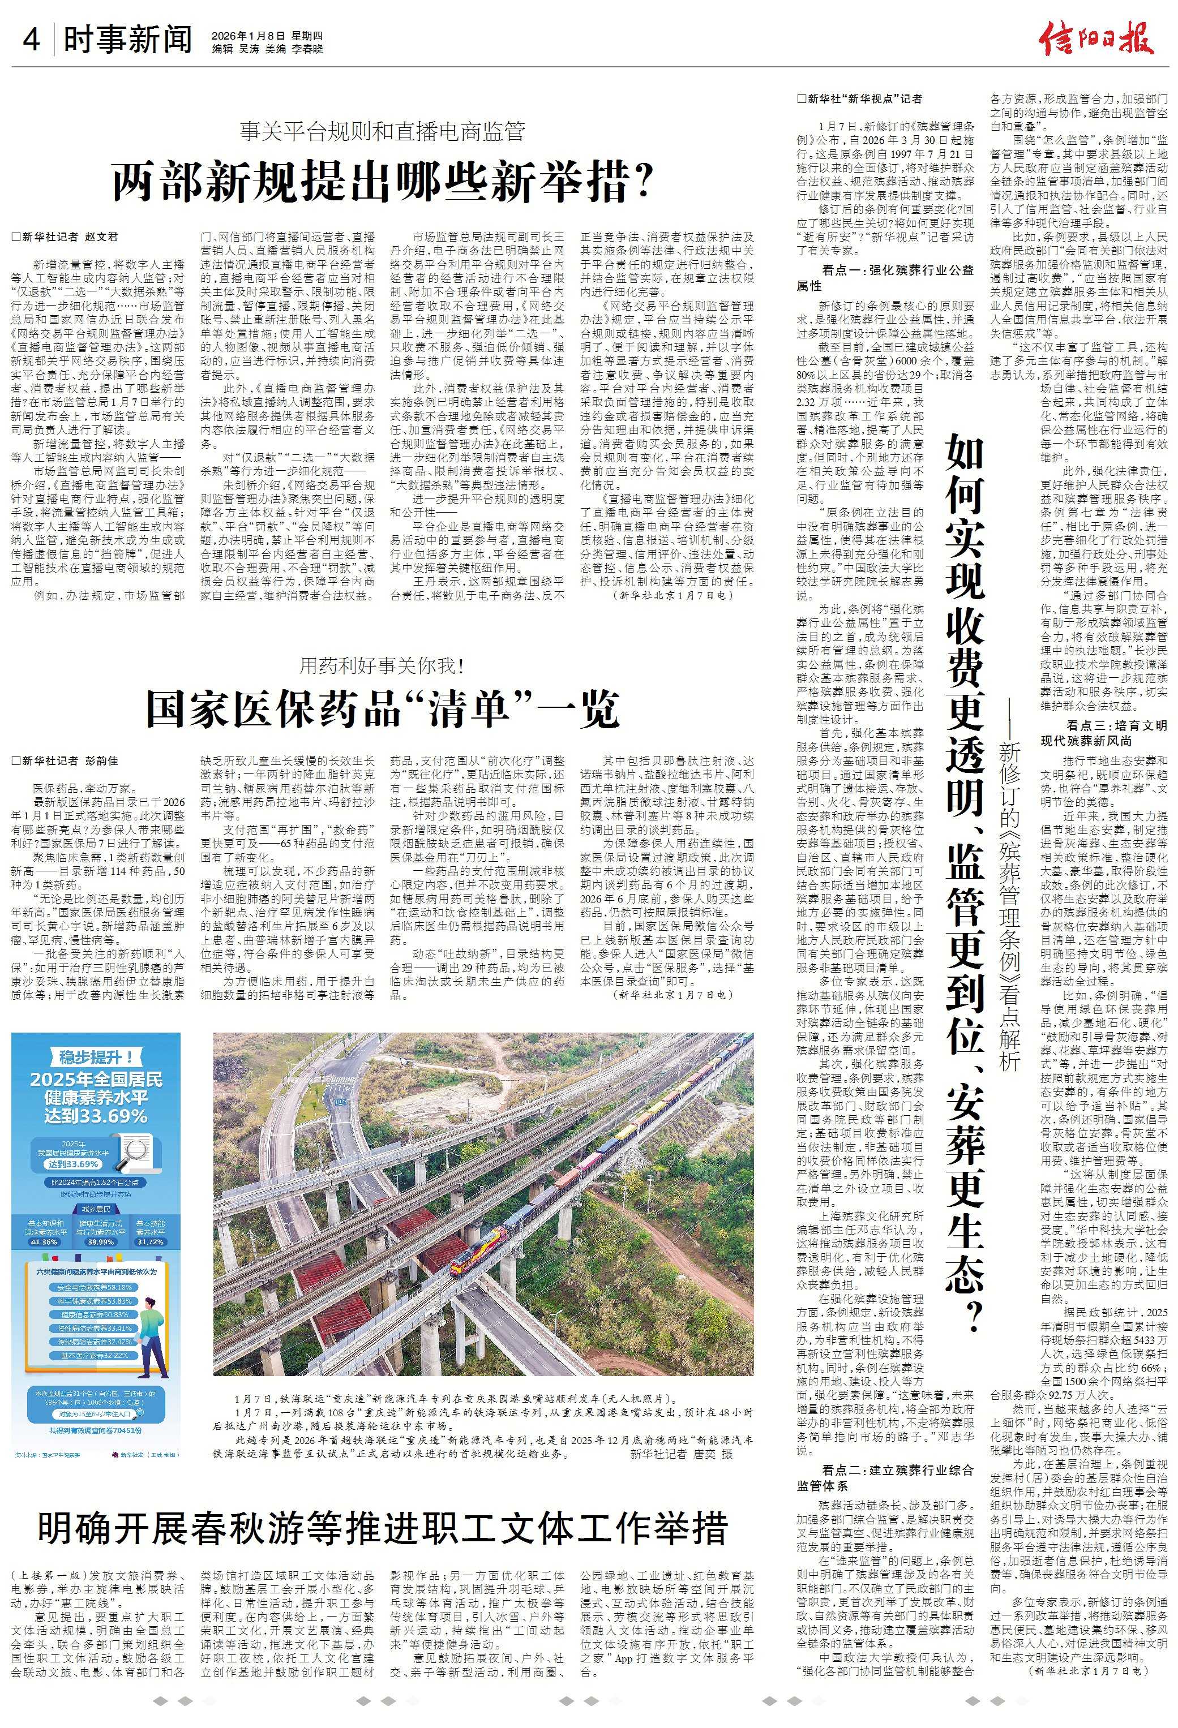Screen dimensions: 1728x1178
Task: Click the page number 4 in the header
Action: pos(31,40)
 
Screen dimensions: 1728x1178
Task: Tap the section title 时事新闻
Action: pos(128,40)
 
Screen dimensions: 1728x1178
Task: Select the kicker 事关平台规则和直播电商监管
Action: pos(383,132)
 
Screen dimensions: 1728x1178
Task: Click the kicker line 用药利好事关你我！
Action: pos(382,665)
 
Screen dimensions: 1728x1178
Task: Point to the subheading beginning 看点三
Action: pos(1104,732)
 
